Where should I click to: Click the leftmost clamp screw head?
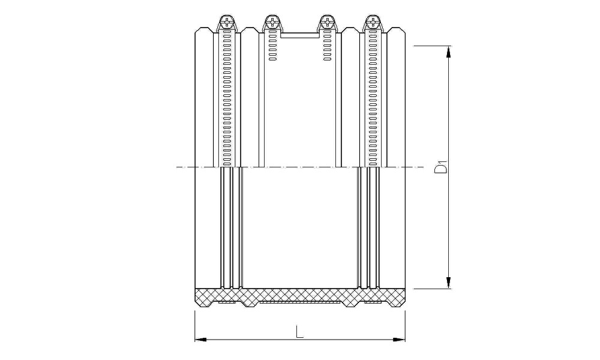(x=227, y=21)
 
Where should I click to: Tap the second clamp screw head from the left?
(x=272, y=21)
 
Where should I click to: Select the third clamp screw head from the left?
(x=327, y=21)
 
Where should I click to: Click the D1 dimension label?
(x=441, y=168)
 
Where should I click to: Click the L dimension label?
(x=299, y=331)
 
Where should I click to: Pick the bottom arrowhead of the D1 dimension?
(x=448, y=283)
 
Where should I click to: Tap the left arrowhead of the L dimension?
(x=201, y=339)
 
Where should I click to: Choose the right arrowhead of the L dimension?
(x=399, y=339)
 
